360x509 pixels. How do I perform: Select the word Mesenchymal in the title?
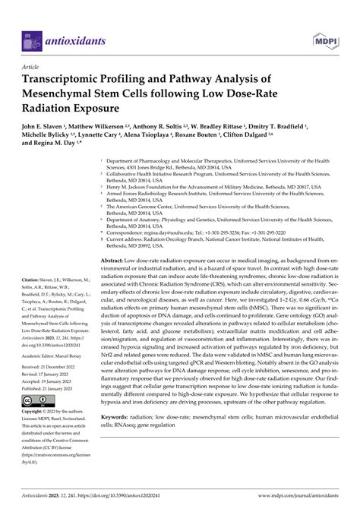(x=71, y=93)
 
